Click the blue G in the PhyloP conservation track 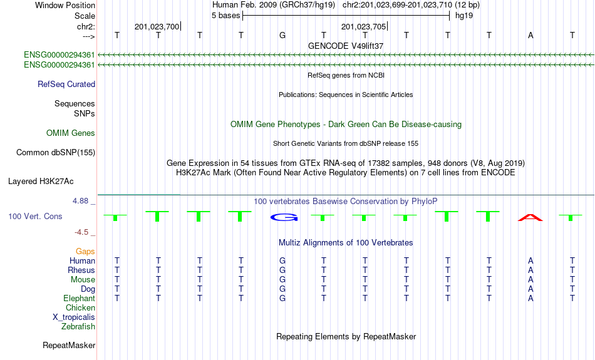[x=284, y=217]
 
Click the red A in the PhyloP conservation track [x=530, y=218]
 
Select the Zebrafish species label [x=78, y=327]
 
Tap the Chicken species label [x=80, y=307]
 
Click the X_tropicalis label [x=74, y=317]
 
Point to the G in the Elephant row [x=282, y=299]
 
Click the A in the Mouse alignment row [x=530, y=280]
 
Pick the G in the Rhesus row [x=282, y=270]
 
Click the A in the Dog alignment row [x=530, y=289]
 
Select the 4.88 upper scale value [x=80, y=201]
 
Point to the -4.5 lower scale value [x=81, y=232]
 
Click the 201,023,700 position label [x=157, y=26]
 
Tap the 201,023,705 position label [x=363, y=26]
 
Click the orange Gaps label [x=85, y=252]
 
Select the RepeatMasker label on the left [x=69, y=345]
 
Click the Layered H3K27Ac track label [x=41, y=182]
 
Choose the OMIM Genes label [x=71, y=133]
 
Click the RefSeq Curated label [x=66, y=85]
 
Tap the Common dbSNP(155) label [x=56, y=153]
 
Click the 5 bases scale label [x=225, y=16]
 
